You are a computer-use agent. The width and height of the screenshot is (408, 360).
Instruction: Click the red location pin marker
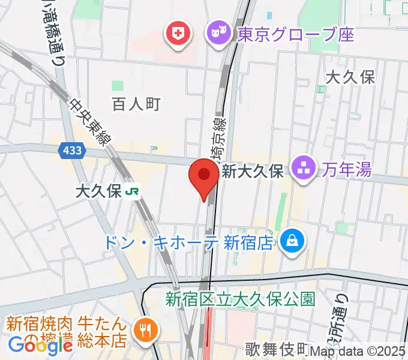(x=204, y=178)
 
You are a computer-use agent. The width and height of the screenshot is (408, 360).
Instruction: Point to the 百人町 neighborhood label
(x=136, y=104)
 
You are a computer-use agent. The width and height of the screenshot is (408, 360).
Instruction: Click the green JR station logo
(x=133, y=191)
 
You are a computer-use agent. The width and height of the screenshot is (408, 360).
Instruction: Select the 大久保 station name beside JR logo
(x=99, y=191)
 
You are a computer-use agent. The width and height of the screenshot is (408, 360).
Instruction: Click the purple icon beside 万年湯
(x=304, y=169)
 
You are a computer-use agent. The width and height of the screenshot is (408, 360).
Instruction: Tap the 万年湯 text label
(x=344, y=169)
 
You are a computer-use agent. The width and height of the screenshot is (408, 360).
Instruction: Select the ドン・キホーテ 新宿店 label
(x=188, y=242)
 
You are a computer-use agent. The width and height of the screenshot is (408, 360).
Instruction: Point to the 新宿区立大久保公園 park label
(x=240, y=298)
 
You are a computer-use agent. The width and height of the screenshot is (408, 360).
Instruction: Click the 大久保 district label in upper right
(x=350, y=77)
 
